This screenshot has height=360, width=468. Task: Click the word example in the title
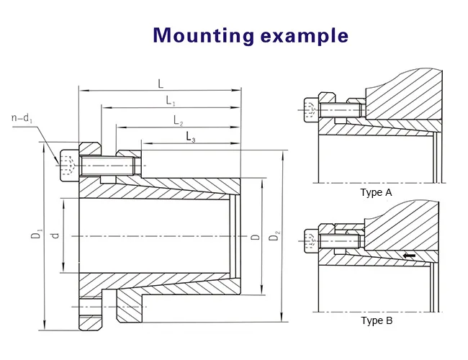305,36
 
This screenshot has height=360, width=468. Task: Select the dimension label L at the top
160,84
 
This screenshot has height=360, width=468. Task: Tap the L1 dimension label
171,101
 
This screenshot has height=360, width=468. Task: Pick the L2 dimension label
178,120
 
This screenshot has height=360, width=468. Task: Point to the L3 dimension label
191,136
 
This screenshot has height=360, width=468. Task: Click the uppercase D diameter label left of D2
254,237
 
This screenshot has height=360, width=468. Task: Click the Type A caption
376,193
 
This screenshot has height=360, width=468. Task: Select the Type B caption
376,321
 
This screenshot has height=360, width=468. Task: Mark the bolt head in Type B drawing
310,240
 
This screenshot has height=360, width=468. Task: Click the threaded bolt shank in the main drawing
108,166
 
